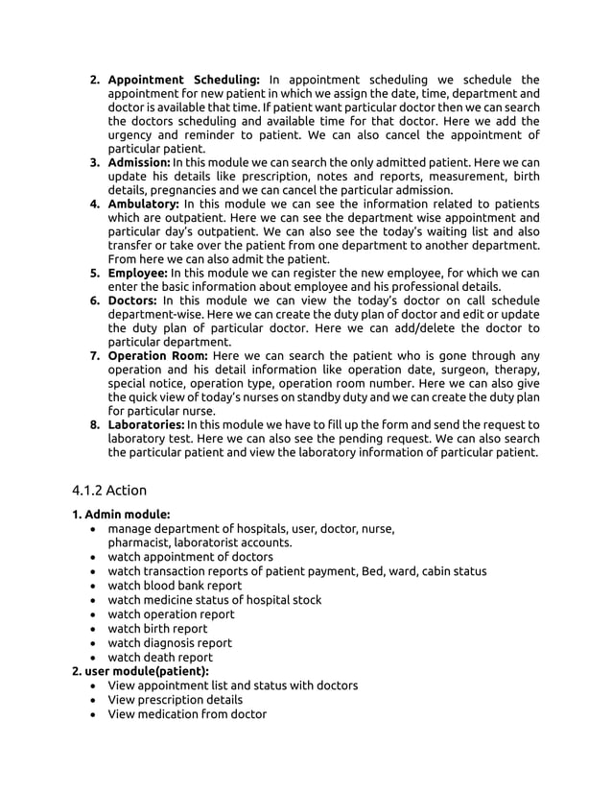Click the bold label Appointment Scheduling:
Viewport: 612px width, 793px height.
tap(183, 79)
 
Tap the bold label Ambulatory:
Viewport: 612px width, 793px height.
tap(143, 204)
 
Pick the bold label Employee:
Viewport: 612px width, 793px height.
tap(138, 273)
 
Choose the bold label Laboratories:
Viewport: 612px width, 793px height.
tap(146, 424)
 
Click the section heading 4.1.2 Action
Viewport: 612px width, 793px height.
tap(109, 490)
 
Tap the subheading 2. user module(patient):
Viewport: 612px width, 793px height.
tap(140, 671)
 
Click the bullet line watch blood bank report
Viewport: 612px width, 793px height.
tap(175, 586)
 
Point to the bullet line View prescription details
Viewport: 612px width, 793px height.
tap(175, 700)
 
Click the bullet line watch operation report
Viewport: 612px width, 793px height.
tap(171, 614)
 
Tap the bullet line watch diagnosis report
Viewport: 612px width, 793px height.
tap(170, 643)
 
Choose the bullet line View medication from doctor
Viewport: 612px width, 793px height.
tap(187, 714)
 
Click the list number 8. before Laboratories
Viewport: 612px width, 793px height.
tap(96, 424)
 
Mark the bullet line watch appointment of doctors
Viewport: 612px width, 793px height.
tap(190, 557)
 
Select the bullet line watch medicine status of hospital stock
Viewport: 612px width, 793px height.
tap(214, 600)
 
